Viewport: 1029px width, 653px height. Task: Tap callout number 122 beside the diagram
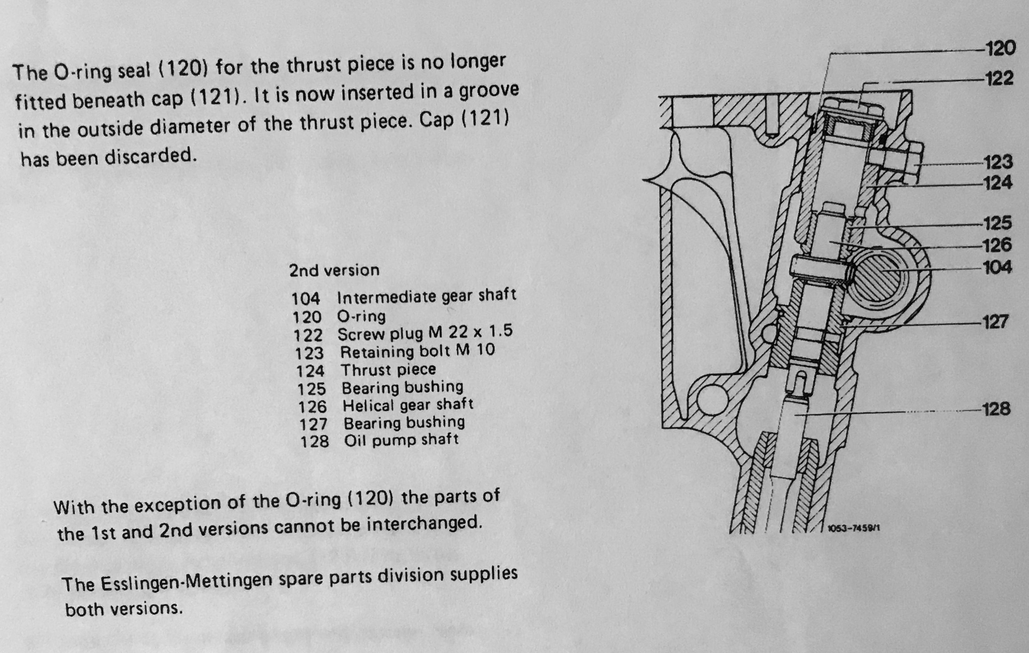[x=999, y=79]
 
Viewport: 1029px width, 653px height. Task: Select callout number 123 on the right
[x=998, y=162]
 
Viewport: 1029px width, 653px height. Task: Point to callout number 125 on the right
[x=998, y=223]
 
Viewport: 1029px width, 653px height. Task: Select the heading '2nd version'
[x=334, y=270]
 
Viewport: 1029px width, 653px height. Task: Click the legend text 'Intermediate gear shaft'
[x=427, y=296]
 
